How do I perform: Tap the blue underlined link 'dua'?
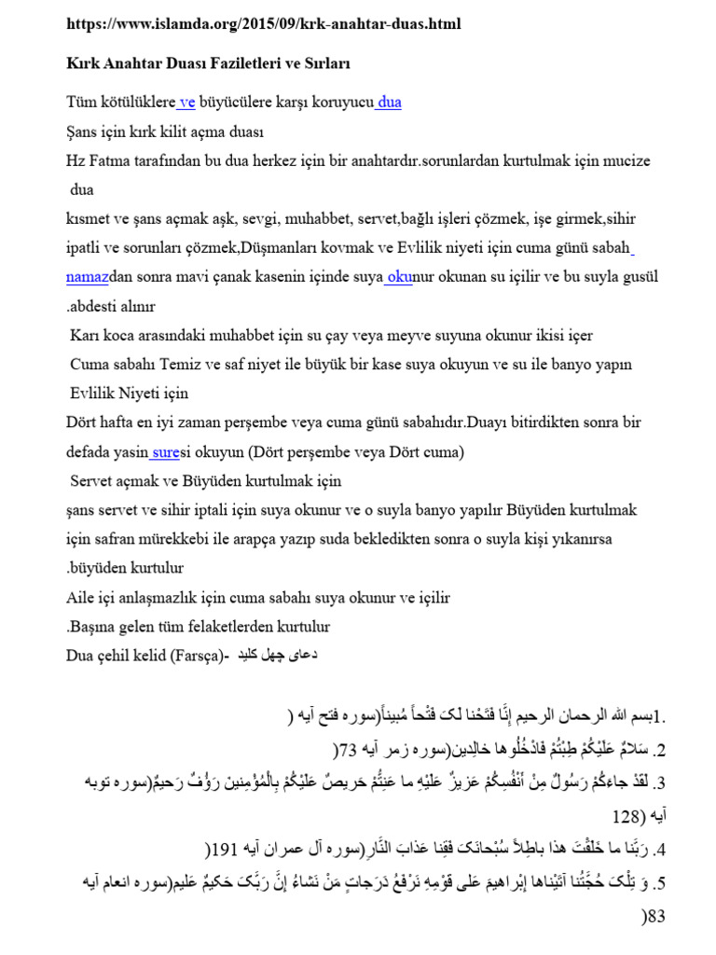tap(389, 103)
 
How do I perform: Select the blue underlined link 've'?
tap(186, 103)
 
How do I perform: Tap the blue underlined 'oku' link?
tap(398, 278)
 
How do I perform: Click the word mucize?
tap(622, 160)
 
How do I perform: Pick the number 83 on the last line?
tap(656, 918)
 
